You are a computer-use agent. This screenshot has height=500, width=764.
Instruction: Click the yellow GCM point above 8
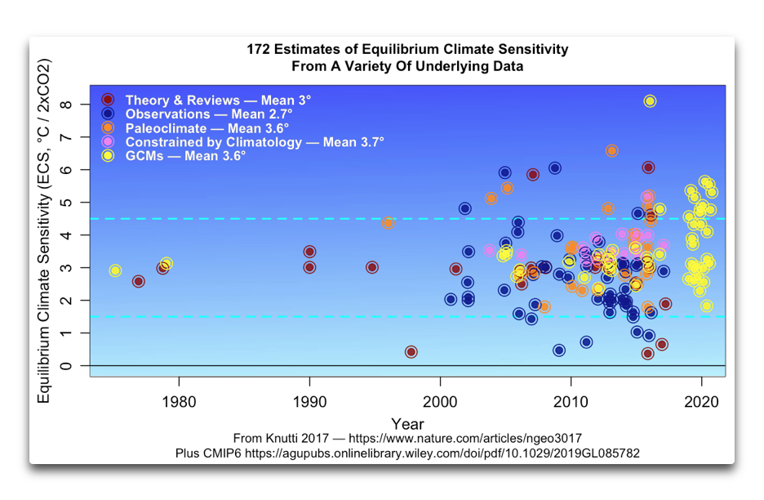pos(650,101)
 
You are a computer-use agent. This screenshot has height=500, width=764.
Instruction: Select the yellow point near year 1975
pos(116,270)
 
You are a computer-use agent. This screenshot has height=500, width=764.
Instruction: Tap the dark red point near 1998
pos(411,352)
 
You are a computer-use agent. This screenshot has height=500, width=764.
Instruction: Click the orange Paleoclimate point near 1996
pos(388,223)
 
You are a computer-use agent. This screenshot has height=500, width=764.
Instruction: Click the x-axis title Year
pos(407,423)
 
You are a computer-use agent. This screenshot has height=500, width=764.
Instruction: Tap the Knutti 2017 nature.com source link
pos(407,438)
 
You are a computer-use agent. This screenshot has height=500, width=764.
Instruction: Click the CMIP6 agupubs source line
pos(407,453)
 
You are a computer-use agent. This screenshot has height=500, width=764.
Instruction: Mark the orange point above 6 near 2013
pos(612,151)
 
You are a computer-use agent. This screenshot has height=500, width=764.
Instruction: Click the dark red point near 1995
pos(372,267)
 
